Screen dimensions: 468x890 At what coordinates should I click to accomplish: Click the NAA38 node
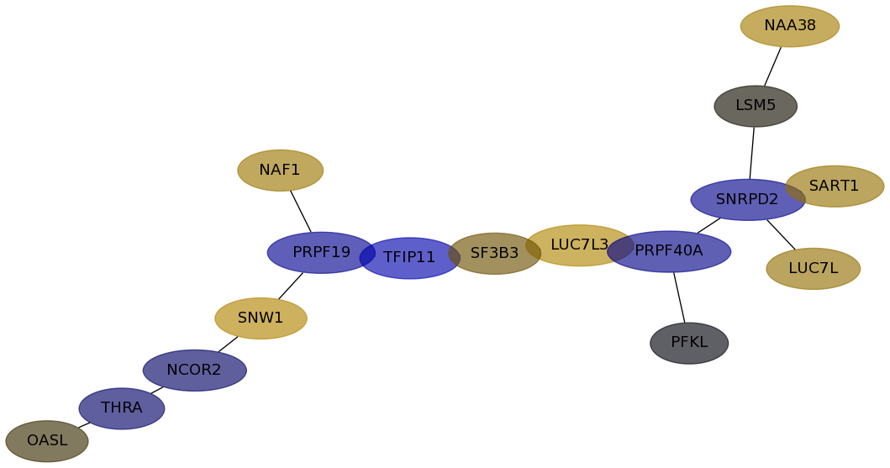pos(789,26)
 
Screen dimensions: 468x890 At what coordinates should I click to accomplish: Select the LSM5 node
pos(756,106)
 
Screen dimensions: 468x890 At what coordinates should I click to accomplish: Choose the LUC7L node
pos(813,269)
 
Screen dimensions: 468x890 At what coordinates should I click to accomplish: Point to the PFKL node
pos(689,343)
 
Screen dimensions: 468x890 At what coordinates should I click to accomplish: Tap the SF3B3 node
pos(494,254)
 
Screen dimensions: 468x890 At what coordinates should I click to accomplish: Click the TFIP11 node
pos(410,258)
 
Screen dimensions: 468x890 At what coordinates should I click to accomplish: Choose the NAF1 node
pos(280,171)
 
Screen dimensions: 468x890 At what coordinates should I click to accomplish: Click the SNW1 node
pos(261,318)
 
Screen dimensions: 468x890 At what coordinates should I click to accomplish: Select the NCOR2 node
pos(194,371)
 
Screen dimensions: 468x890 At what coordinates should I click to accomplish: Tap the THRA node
pos(122,408)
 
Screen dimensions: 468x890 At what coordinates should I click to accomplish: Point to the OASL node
pos(47,441)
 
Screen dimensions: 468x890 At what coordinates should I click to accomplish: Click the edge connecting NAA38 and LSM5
pos(772,66)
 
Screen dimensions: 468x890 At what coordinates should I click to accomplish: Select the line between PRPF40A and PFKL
pos(679,297)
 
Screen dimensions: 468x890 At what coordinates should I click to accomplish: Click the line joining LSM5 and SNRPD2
pos(752,153)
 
